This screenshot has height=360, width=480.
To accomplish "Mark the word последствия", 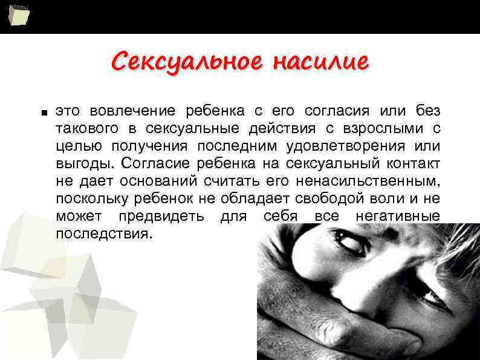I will click(x=101, y=234).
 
